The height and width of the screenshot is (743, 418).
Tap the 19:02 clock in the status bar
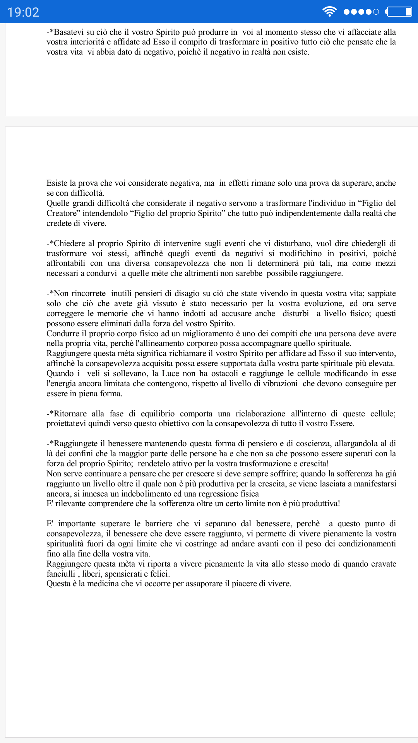pyautogui.click(x=23, y=12)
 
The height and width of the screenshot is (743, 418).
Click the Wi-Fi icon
pyautogui.click(x=329, y=12)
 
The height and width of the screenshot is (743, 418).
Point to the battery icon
pyautogui.click(x=399, y=12)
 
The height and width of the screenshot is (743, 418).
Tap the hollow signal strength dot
pyautogui.click(x=375, y=12)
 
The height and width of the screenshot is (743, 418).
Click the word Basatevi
pyautogui.click(x=69, y=32)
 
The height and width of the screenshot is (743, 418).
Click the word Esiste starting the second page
pyautogui.click(x=57, y=183)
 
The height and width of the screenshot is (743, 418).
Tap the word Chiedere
pyautogui.click(x=70, y=243)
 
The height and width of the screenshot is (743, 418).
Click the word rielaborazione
pyautogui.click(x=260, y=414)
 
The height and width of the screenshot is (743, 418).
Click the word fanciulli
pyautogui.click(x=61, y=574)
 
